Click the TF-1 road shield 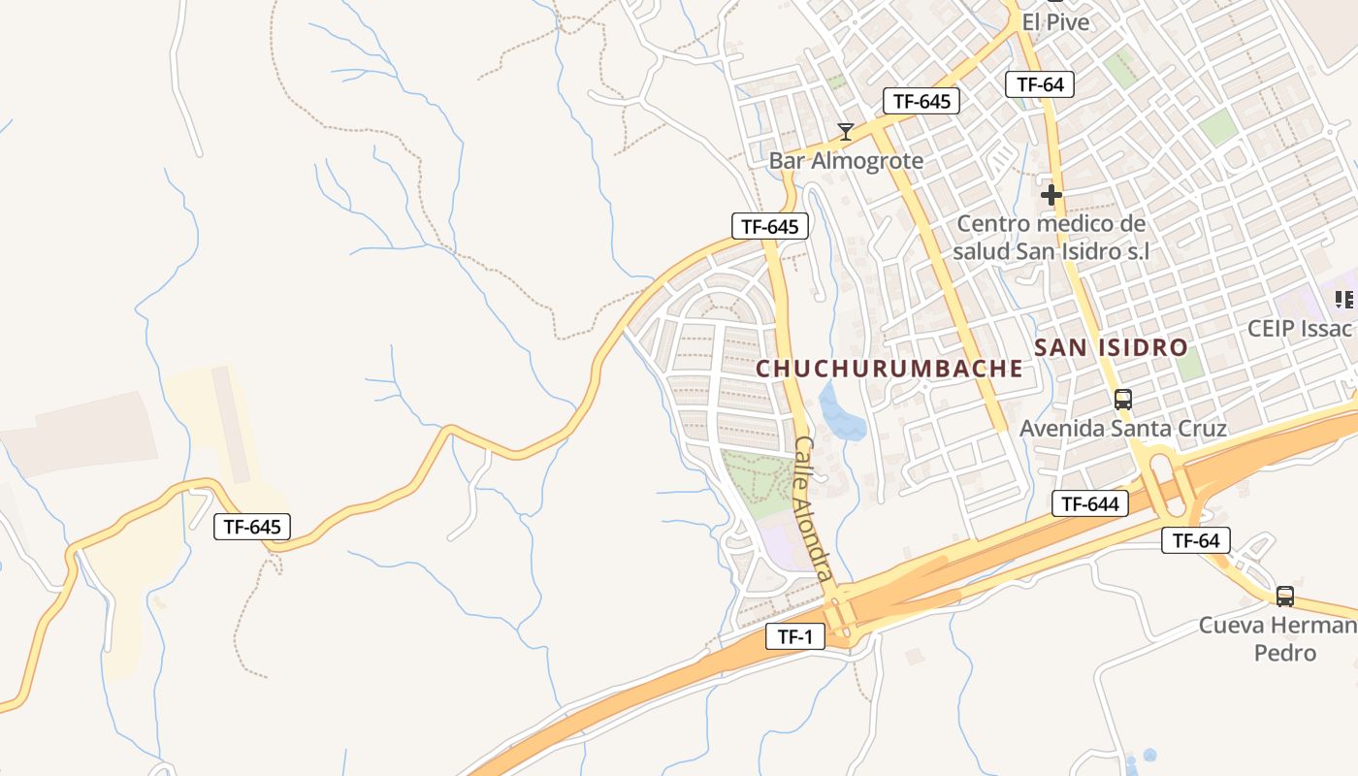click(x=794, y=636)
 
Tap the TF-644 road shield click(x=1090, y=503)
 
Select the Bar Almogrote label click(x=846, y=160)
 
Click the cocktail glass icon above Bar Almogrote click(x=846, y=132)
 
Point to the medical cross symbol click(x=1051, y=195)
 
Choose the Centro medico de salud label click(x=1051, y=238)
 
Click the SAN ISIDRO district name click(x=1111, y=347)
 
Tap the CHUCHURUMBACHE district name click(x=889, y=369)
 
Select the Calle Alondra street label click(x=813, y=507)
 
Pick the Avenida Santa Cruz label click(x=1123, y=428)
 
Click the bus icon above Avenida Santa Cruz click(x=1123, y=399)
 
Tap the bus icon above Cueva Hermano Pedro click(x=1284, y=597)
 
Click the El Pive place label click(x=1055, y=21)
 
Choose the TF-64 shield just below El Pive click(x=1040, y=84)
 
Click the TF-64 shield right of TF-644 click(x=1196, y=540)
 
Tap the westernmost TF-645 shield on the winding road click(x=252, y=527)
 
